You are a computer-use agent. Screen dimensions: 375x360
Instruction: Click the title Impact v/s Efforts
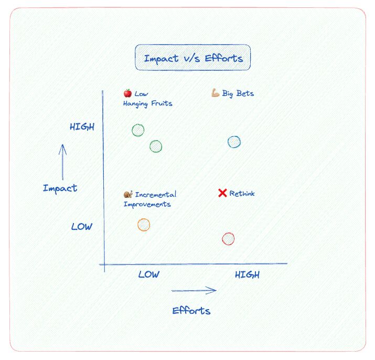[193, 58]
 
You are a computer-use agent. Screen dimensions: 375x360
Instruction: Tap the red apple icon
[127, 93]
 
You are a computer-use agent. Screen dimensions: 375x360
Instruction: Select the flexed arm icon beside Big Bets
[216, 93]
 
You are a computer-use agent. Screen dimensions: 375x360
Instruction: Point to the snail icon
[128, 194]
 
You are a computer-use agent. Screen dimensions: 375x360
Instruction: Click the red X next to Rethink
[222, 193]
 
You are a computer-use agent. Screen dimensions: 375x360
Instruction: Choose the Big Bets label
[238, 93]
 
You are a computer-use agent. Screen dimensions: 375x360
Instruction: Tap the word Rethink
[242, 193]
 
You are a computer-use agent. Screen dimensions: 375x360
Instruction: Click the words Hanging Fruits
[147, 104]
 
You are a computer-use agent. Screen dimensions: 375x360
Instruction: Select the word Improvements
[147, 204]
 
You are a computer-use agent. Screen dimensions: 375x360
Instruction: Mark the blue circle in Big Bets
[228, 142]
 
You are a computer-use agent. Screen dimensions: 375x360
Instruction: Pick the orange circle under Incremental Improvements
[138, 225]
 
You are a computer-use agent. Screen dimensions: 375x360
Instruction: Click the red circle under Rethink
[222, 239]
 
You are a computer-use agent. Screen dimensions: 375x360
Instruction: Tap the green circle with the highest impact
[132, 130]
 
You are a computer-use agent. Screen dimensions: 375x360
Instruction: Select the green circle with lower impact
[150, 146]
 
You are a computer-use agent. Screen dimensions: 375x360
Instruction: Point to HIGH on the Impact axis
[82, 126]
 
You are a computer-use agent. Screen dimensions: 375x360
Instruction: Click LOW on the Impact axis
[81, 226]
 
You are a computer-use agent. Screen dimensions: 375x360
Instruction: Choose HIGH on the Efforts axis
[247, 274]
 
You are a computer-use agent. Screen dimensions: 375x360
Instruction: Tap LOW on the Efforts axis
[149, 274]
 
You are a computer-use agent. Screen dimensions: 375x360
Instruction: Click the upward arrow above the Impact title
[62, 162]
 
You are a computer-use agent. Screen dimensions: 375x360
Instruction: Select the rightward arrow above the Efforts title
[194, 291]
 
